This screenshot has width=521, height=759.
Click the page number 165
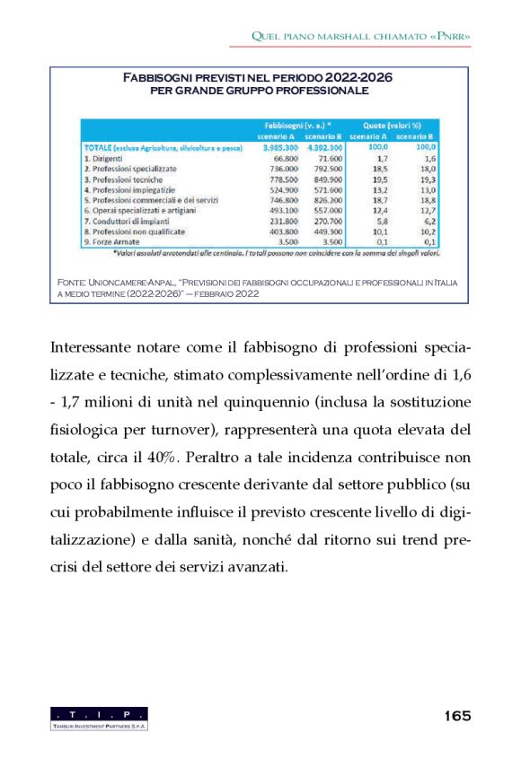coord(457,716)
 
